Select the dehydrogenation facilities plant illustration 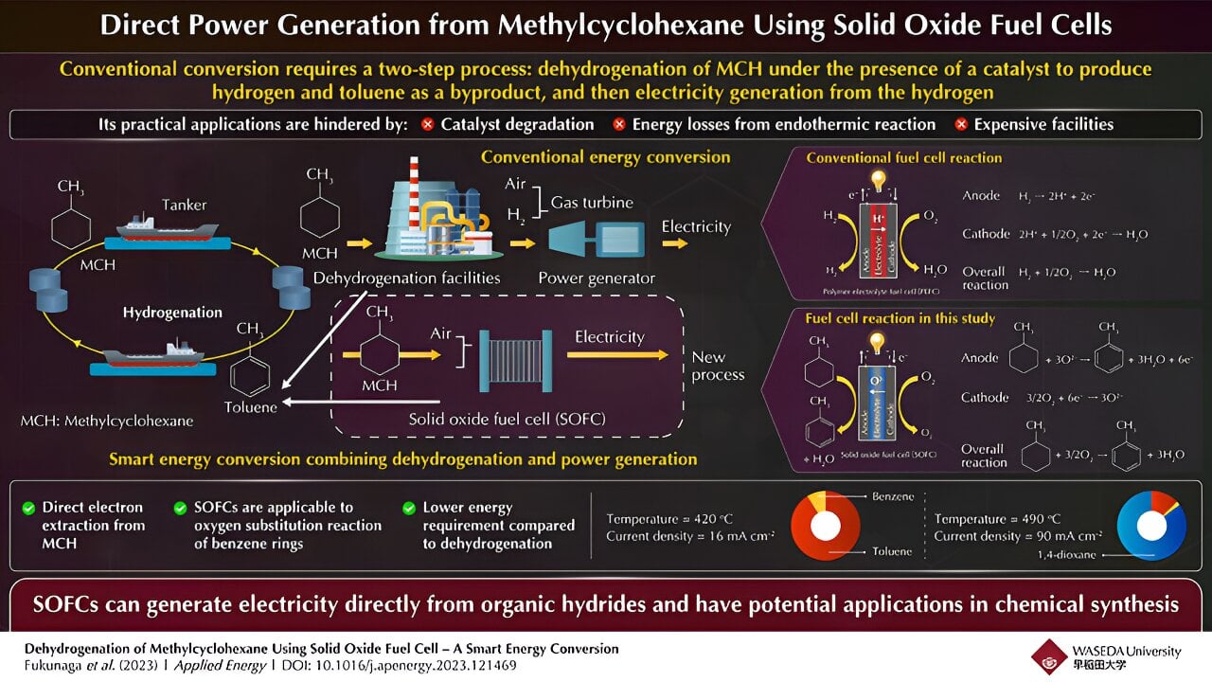[x=435, y=218]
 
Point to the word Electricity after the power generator [x=696, y=227]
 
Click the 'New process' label [x=718, y=366]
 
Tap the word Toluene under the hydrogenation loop [x=251, y=407]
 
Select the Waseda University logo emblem [x=1049, y=655]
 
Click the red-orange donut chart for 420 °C [x=826, y=527]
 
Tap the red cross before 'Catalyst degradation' [x=427, y=125]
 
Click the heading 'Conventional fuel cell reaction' [x=903, y=158]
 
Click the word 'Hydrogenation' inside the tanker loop [x=172, y=312]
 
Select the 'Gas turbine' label [x=594, y=202]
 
